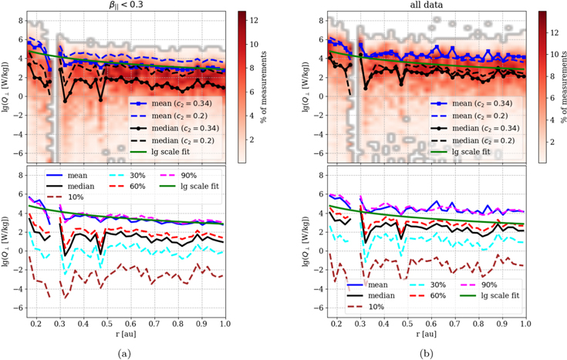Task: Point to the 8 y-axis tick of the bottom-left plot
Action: coord(19,177)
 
